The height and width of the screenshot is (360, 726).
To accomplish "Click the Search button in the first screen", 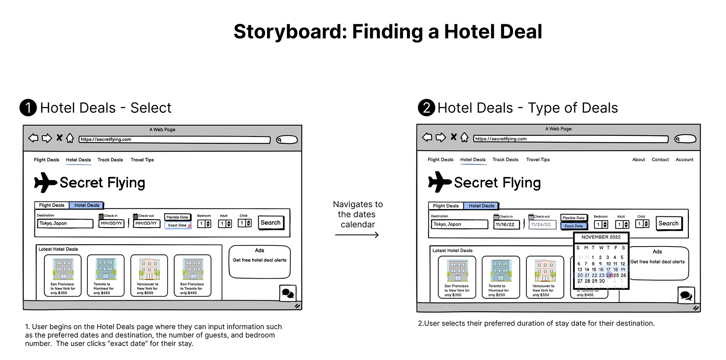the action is pos(270,223).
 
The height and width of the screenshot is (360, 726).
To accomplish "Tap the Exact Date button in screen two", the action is pos(574,226).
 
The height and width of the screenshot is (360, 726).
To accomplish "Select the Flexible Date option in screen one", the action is pos(177,217).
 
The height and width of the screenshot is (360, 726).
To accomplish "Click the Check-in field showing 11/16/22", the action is pos(506,224).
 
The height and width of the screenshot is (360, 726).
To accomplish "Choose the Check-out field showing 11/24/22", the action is pos(541,224).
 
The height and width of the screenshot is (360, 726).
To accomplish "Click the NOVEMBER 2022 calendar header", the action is pos(601,237).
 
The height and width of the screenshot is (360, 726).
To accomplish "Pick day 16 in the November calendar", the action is pos(601,270).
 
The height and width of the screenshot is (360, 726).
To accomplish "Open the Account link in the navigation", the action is pos(684,160).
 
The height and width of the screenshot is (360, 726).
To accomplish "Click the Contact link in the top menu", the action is pos(660,160).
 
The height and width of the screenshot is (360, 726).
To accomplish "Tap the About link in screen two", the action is pos(639,160).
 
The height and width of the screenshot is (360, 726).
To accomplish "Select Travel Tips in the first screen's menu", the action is pos(142,160).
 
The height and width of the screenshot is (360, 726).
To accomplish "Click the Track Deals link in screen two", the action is pos(505,160).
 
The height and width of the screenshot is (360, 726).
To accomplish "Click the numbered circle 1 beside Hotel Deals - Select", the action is pos(28,107).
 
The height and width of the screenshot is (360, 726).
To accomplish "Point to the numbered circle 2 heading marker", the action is pos(426,107).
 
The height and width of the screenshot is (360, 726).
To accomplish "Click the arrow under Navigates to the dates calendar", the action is pos(357,235).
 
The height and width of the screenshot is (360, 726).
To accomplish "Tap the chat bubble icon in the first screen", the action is pos(288,293).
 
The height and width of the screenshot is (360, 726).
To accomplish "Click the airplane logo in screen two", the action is pos(439,182).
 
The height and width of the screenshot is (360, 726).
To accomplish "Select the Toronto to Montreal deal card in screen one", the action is pos(105,275).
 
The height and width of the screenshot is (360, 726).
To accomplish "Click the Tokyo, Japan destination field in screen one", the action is pos(65,223).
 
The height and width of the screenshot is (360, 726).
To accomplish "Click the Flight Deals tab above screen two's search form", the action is pos(445,206).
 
